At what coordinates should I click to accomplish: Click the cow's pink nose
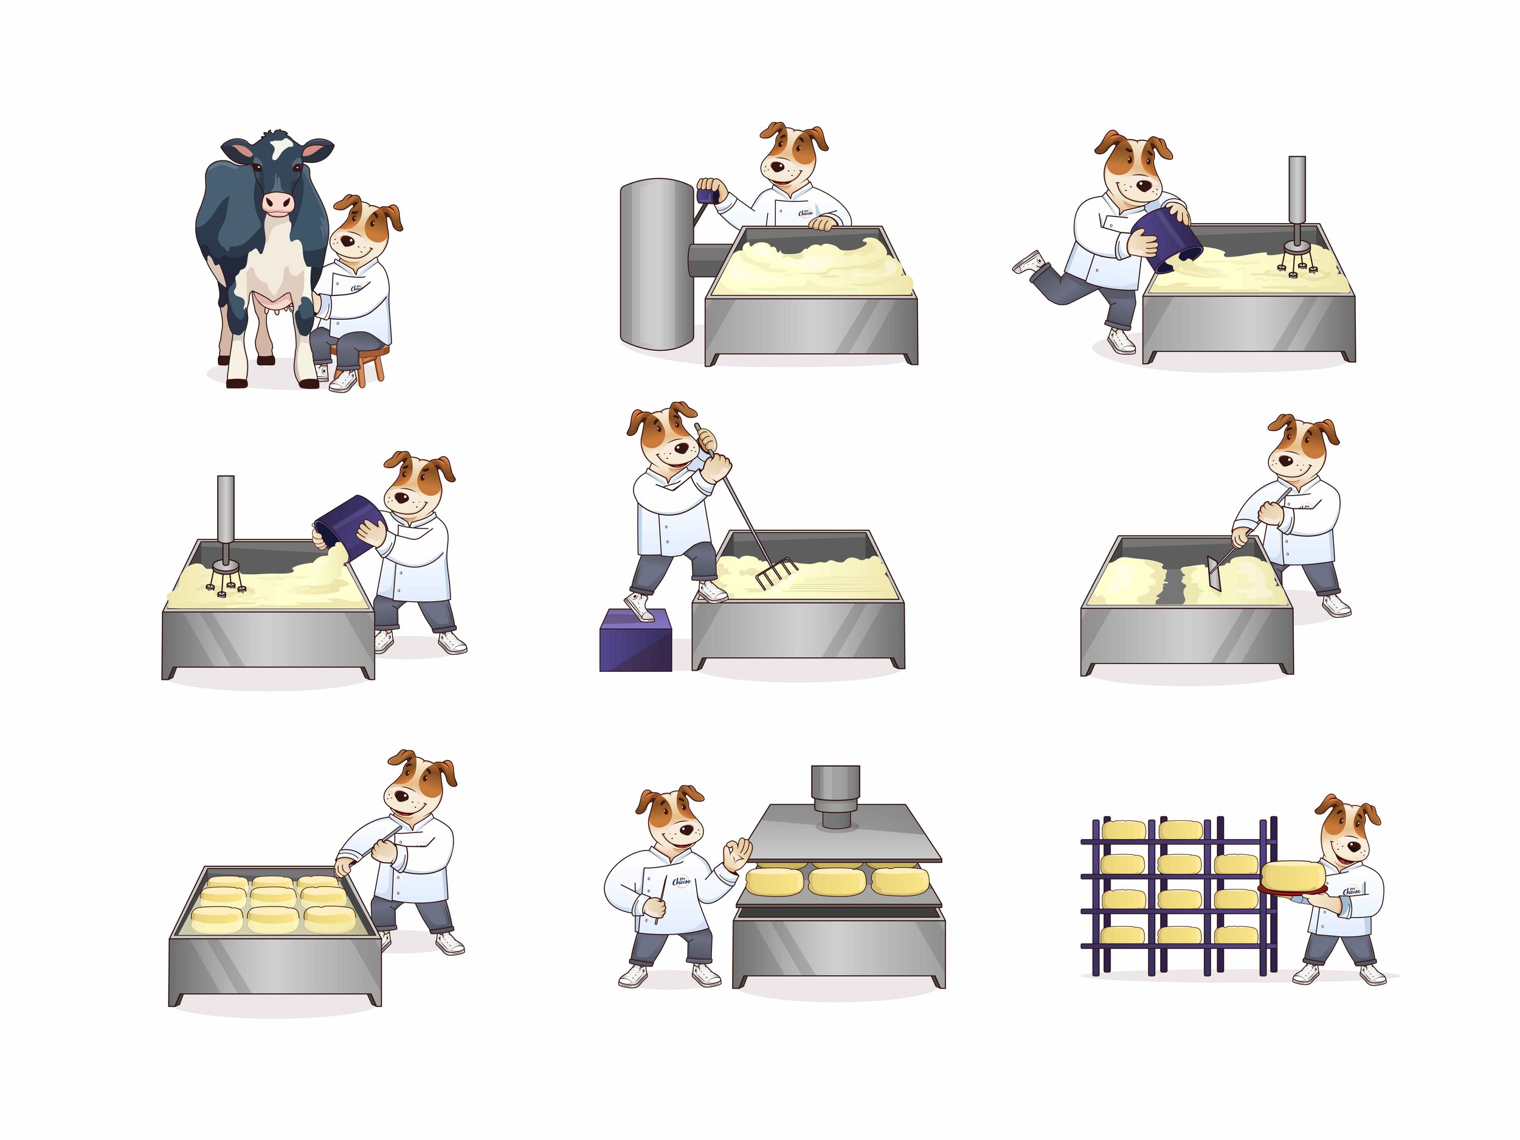(278, 202)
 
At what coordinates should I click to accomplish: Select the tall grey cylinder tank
(657, 264)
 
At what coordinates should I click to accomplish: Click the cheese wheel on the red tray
(1293, 875)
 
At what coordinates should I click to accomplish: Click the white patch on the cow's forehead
(282, 147)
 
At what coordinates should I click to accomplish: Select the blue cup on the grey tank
(706, 196)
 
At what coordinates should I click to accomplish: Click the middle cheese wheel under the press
(835, 881)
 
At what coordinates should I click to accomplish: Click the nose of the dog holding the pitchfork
(681, 449)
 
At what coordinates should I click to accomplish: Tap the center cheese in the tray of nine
(273, 896)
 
